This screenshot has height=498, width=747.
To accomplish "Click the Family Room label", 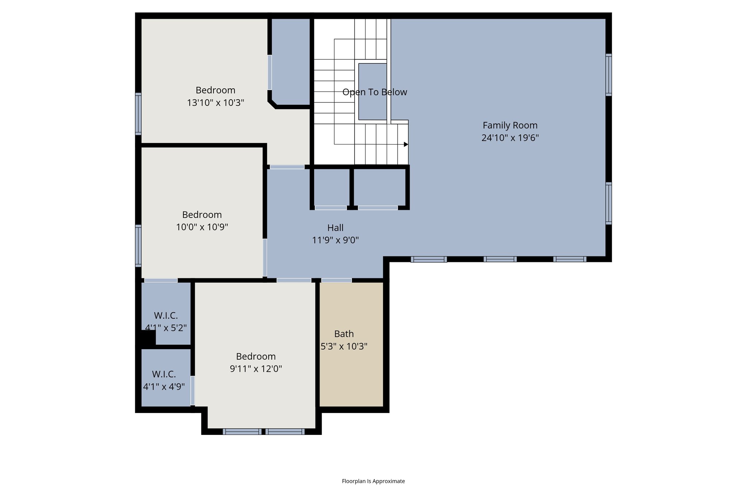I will [510, 125].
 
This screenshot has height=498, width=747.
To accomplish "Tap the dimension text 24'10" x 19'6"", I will [510, 138].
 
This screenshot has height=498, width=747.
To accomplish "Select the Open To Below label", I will [375, 92].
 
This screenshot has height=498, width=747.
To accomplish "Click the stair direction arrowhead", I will [406, 144].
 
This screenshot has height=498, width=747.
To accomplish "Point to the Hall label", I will [335, 228].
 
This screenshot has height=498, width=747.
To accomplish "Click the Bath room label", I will [344, 334].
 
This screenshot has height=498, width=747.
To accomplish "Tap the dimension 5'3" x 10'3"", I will [344, 346].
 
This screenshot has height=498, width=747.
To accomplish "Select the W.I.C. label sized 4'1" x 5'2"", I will [166, 316].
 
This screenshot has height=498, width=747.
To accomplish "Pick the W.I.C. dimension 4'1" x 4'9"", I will [164, 387].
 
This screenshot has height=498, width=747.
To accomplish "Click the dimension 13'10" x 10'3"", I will [215, 103].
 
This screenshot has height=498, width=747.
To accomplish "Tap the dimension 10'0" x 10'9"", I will [202, 227].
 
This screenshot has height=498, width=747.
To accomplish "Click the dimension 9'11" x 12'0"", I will [256, 369].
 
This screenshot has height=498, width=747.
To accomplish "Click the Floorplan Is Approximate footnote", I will [373, 481].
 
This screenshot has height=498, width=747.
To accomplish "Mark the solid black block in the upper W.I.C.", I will [148, 337].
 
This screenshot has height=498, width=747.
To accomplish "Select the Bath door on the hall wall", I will [336, 280].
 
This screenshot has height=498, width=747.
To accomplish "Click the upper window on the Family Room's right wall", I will [608, 75].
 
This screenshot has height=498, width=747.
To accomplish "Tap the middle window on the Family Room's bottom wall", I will [500, 259].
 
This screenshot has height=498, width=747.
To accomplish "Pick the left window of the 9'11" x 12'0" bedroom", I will [242, 432].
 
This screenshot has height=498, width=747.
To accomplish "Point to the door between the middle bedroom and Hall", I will [265, 258].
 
